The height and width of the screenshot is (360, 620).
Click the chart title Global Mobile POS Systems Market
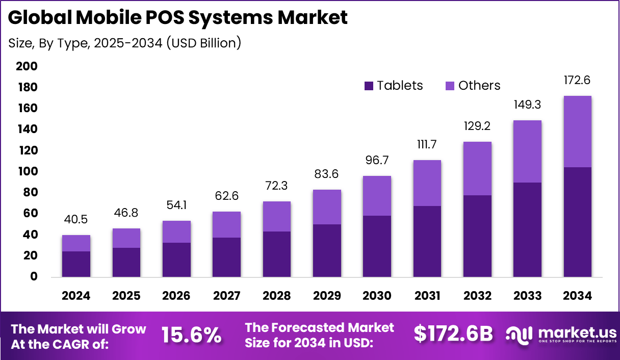(x=178, y=17)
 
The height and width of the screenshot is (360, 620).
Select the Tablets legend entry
(x=394, y=86)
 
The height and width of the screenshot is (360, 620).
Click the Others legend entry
(x=473, y=86)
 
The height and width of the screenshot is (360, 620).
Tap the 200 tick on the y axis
(x=27, y=66)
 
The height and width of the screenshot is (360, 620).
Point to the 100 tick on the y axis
(x=27, y=171)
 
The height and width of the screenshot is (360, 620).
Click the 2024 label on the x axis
(x=76, y=296)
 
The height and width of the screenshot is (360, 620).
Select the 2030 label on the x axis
(x=377, y=296)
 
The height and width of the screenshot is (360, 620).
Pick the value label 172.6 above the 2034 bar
(x=577, y=80)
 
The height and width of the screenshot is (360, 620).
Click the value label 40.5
(x=76, y=220)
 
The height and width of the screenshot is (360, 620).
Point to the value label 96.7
(x=377, y=161)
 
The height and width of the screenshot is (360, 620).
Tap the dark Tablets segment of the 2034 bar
(x=577, y=222)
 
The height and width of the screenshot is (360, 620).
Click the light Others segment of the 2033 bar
(x=527, y=151)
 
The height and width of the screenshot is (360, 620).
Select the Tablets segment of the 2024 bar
(x=76, y=264)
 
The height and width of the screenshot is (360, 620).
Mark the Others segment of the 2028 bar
(x=276, y=216)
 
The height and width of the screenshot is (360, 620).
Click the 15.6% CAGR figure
(x=191, y=335)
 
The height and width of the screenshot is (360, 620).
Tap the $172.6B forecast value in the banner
(x=453, y=334)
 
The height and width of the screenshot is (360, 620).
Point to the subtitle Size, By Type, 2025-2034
(x=125, y=43)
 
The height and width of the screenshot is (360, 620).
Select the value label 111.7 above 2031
(x=427, y=145)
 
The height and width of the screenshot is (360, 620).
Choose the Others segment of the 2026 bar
(x=176, y=232)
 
